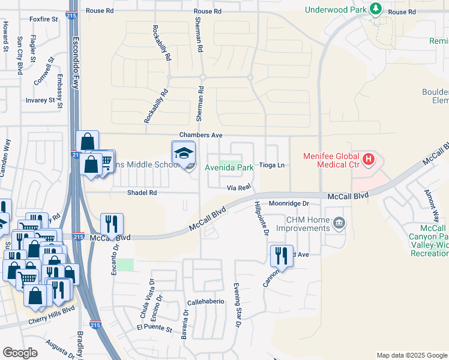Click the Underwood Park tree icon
[376, 8]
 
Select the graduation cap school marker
[184, 152]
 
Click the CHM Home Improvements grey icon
[339, 223]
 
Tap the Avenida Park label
[229, 168]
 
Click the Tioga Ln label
[271, 166]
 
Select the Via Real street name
[238, 188]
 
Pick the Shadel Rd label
[142, 193]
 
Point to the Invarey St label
[41, 101]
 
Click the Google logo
[20, 353]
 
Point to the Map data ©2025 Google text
[411, 355]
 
